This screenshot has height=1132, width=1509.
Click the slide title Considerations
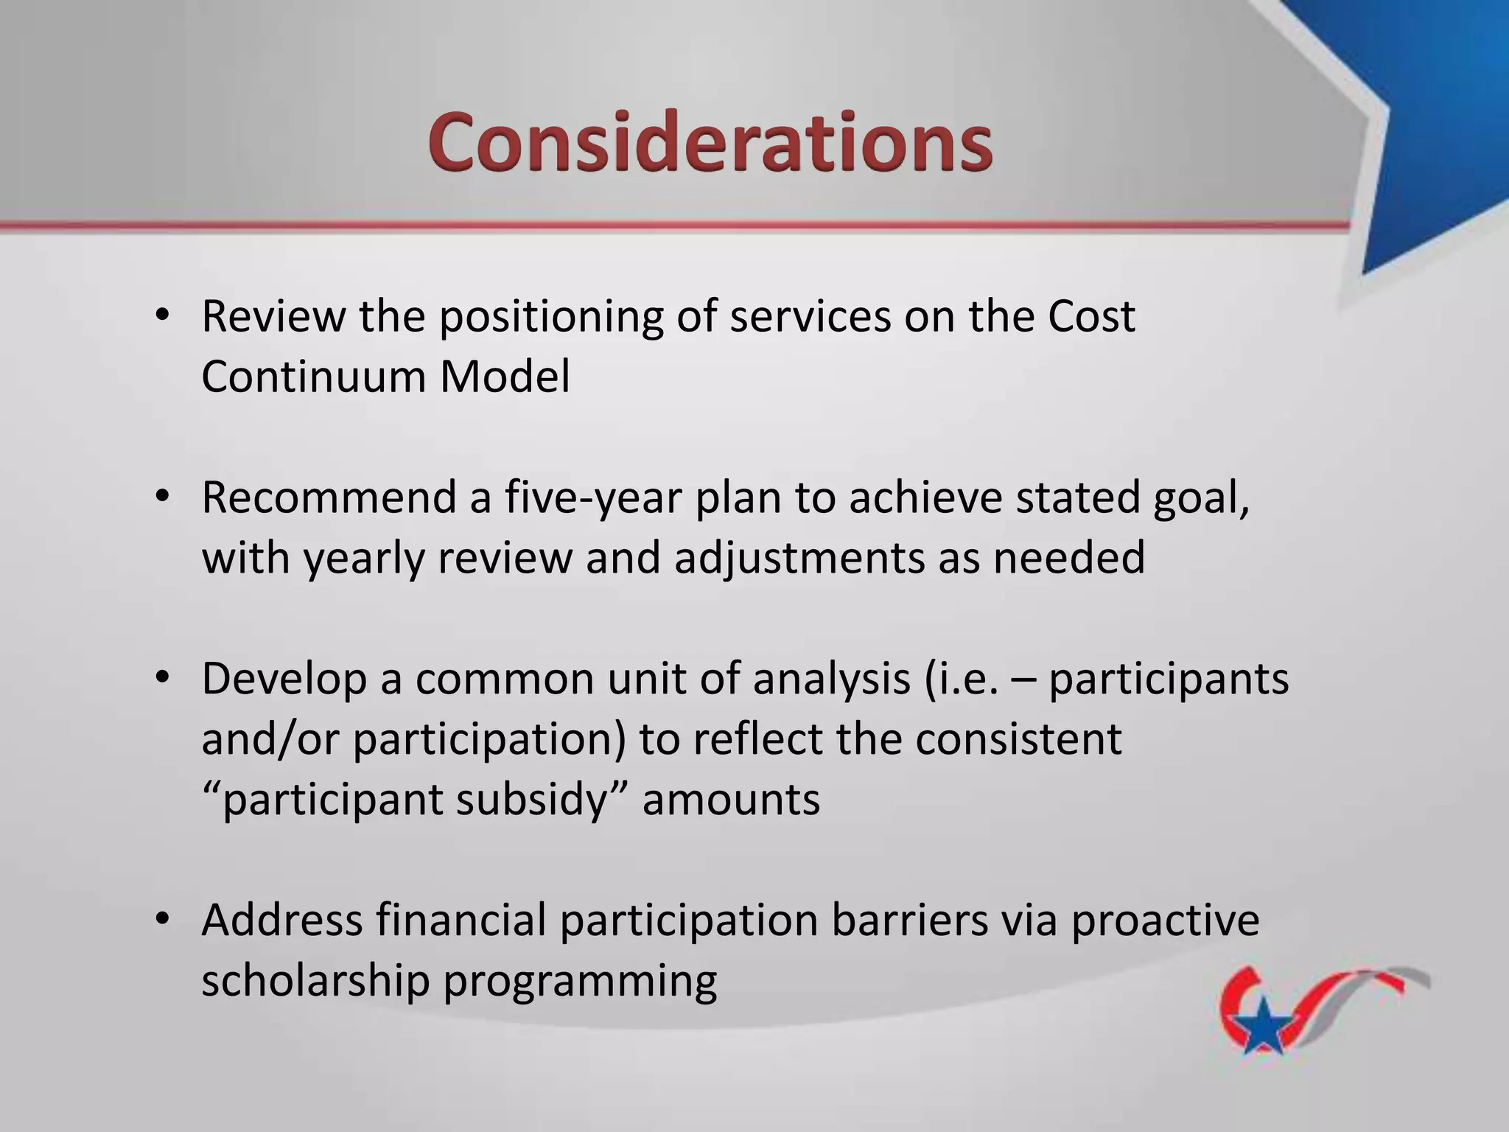click(710, 141)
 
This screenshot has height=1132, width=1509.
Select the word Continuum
click(312, 377)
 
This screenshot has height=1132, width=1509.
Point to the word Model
click(505, 377)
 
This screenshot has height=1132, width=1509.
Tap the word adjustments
click(799, 559)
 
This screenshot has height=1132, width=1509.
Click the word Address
click(281, 921)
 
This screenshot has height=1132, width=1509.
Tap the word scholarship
click(315, 982)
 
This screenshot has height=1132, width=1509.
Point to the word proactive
click(1165, 921)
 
